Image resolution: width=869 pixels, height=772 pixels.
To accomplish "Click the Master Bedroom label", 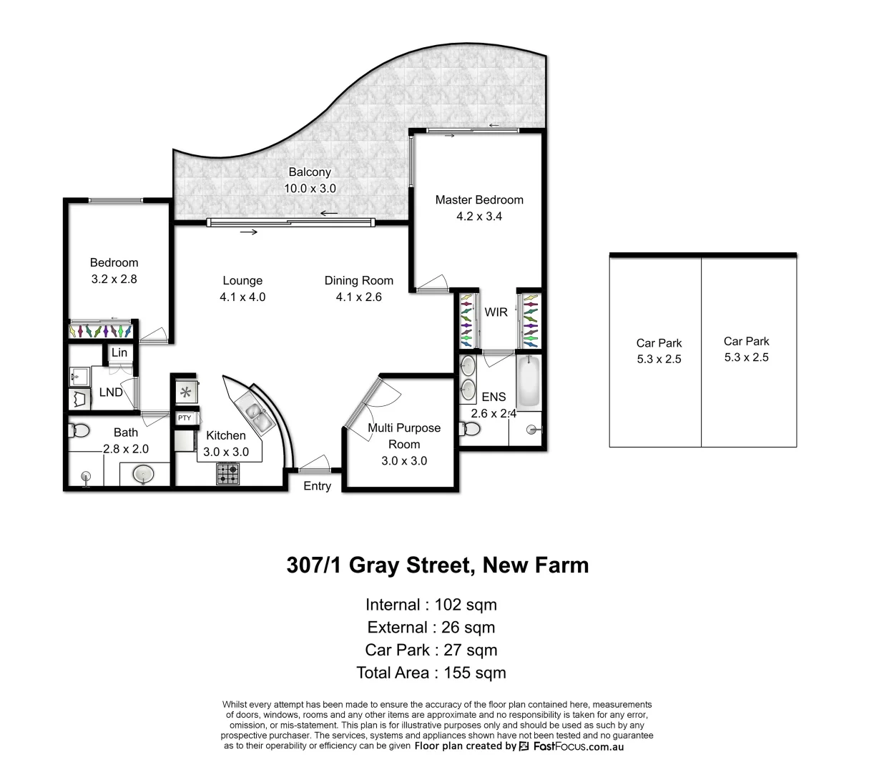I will (x=479, y=200).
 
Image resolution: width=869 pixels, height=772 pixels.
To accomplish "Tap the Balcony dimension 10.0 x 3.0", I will (x=310, y=189).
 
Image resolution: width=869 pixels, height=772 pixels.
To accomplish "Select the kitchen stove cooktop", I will (x=228, y=473).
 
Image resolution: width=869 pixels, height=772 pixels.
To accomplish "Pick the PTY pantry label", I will (x=185, y=418).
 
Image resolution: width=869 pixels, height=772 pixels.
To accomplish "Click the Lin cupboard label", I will (x=119, y=353).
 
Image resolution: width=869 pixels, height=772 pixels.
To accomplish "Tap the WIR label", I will (x=496, y=312).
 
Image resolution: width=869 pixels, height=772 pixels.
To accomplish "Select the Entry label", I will (x=317, y=486).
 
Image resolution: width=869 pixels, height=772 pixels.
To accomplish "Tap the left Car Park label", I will (x=659, y=343).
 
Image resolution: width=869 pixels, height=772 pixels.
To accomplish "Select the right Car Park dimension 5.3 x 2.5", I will (x=746, y=357).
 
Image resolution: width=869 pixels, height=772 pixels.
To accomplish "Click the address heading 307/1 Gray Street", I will (x=438, y=565).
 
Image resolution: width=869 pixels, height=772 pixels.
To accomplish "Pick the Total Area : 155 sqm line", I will (x=431, y=673).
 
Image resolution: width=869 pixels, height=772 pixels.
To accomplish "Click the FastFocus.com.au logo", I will (x=571, y=746).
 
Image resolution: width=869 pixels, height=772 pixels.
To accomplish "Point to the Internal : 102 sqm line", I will (x=431, y=605).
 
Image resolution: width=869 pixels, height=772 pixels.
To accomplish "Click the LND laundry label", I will (x=111, y=392).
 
